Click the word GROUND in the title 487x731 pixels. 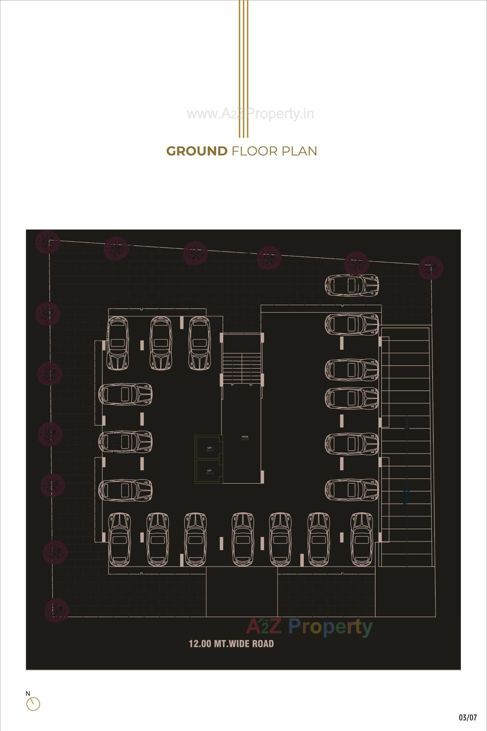click(x=197, y=151)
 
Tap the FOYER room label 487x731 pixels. click(x=245, y=437)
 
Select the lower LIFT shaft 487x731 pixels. click(x=209, y=471)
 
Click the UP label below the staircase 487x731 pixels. click(x=232, y=385)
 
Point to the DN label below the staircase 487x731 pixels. click(x=251, y=385)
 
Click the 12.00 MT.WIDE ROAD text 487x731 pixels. click(x=231, y=644)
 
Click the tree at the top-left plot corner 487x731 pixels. click(x=47, y=242)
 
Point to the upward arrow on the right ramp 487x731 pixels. click(x=407, y=424)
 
